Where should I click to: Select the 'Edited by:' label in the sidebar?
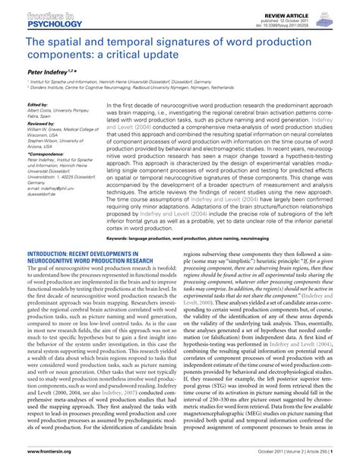pyautogui.click(x=37, y=105)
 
